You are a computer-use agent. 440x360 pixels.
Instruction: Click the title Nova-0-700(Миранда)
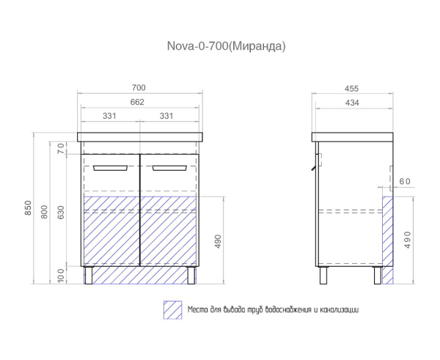[226, 46]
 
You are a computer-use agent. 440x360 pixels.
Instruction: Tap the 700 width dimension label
[139, 88]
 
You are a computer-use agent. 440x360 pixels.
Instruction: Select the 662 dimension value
[137, 102]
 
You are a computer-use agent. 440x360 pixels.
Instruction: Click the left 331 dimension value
[109, 116]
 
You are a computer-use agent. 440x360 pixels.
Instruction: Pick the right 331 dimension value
[166, 116]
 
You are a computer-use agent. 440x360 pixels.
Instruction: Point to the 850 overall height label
[29, 208]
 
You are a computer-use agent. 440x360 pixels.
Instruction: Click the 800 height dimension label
[44, 212]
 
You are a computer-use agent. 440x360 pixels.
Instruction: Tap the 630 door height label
[60, 213]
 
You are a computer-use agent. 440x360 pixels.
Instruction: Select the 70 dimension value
[61, 148]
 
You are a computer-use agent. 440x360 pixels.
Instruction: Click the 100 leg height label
[61, 275]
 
